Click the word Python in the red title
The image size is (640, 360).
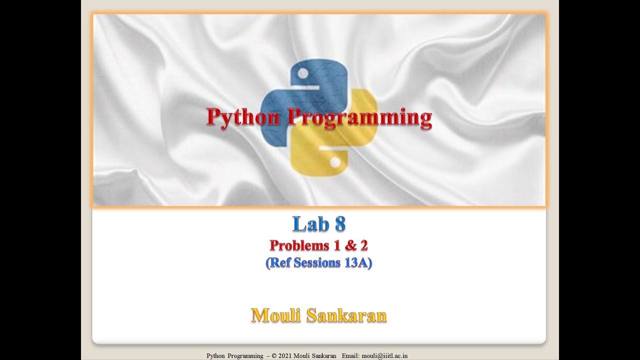(x=243, y=117)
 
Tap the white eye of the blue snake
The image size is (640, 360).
(x=302, y=73)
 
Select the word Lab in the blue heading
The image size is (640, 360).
(x=309, y=224)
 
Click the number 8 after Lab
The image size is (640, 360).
(x=340, y=224)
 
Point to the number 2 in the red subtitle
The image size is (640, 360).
(x=363, y=245)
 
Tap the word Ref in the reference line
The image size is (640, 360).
(x=281, y=262)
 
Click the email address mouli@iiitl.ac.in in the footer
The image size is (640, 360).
(x=384, y=356)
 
